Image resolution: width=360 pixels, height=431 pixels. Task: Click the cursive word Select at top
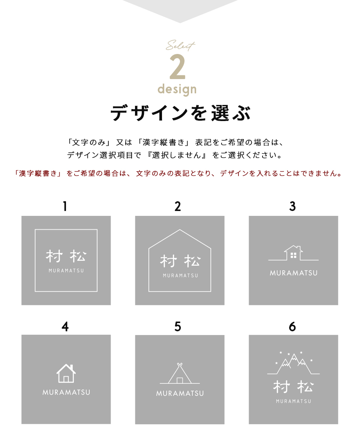[180, 46]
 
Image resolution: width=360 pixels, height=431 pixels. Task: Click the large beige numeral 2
[178, 67]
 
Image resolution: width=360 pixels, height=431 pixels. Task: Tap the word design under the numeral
[177, 89]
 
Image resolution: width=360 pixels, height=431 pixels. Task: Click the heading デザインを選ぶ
[180, 113]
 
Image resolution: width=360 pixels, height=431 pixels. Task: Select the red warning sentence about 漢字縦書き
[178, 174]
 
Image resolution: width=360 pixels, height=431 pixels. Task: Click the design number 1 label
[65, 206]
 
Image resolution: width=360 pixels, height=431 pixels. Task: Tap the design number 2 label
[178, 206]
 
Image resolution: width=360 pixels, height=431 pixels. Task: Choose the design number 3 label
[292, 206]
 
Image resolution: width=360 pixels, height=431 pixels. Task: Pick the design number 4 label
[65, 327]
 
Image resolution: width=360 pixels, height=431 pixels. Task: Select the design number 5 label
[178, 327]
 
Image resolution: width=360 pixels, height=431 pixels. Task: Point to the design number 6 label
[292, 327]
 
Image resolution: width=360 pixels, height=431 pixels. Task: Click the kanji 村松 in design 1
[66, 257]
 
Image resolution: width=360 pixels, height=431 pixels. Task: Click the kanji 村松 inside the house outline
[180, 261]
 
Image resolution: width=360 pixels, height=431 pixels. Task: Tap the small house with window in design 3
[293, 253]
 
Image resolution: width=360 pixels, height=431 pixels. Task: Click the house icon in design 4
[66, 373]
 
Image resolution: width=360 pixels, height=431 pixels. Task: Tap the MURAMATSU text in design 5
[180, 394]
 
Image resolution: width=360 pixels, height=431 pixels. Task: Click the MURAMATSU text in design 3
[293, 273]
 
